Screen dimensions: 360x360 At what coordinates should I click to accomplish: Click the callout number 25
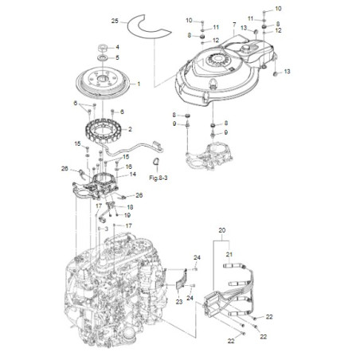(x=115, y=19)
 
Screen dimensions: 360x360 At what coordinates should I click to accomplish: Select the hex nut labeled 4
(x=104, y=48)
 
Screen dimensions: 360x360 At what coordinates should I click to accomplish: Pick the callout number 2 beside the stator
(x=130, y=129)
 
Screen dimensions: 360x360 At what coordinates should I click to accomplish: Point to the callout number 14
(x=133, y=174)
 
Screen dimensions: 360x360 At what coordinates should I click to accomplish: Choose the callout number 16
(x=127, y=166)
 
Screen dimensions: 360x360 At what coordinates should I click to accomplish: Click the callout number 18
(x=130, y=206)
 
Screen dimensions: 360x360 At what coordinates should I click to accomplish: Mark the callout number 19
(x=127, y=215)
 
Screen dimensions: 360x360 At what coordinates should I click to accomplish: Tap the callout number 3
(x=104, y=228)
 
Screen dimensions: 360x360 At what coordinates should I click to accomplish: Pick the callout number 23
(x=178, y=302)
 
